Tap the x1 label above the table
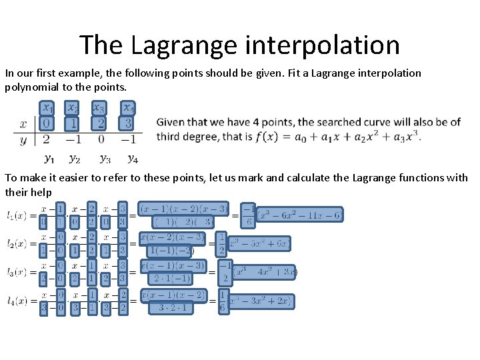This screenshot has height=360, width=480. (x=47, y=107)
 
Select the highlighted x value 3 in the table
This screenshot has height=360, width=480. (x=127, y=124)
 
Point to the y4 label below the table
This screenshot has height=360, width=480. (x=133, y=159)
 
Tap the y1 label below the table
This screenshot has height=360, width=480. (x=49, y=159)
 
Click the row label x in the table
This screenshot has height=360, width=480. (x=23, y=124)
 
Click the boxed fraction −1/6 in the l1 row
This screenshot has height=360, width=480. (x=247, y=215)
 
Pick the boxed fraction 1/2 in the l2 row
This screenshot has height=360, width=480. (x=221, y=244)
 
